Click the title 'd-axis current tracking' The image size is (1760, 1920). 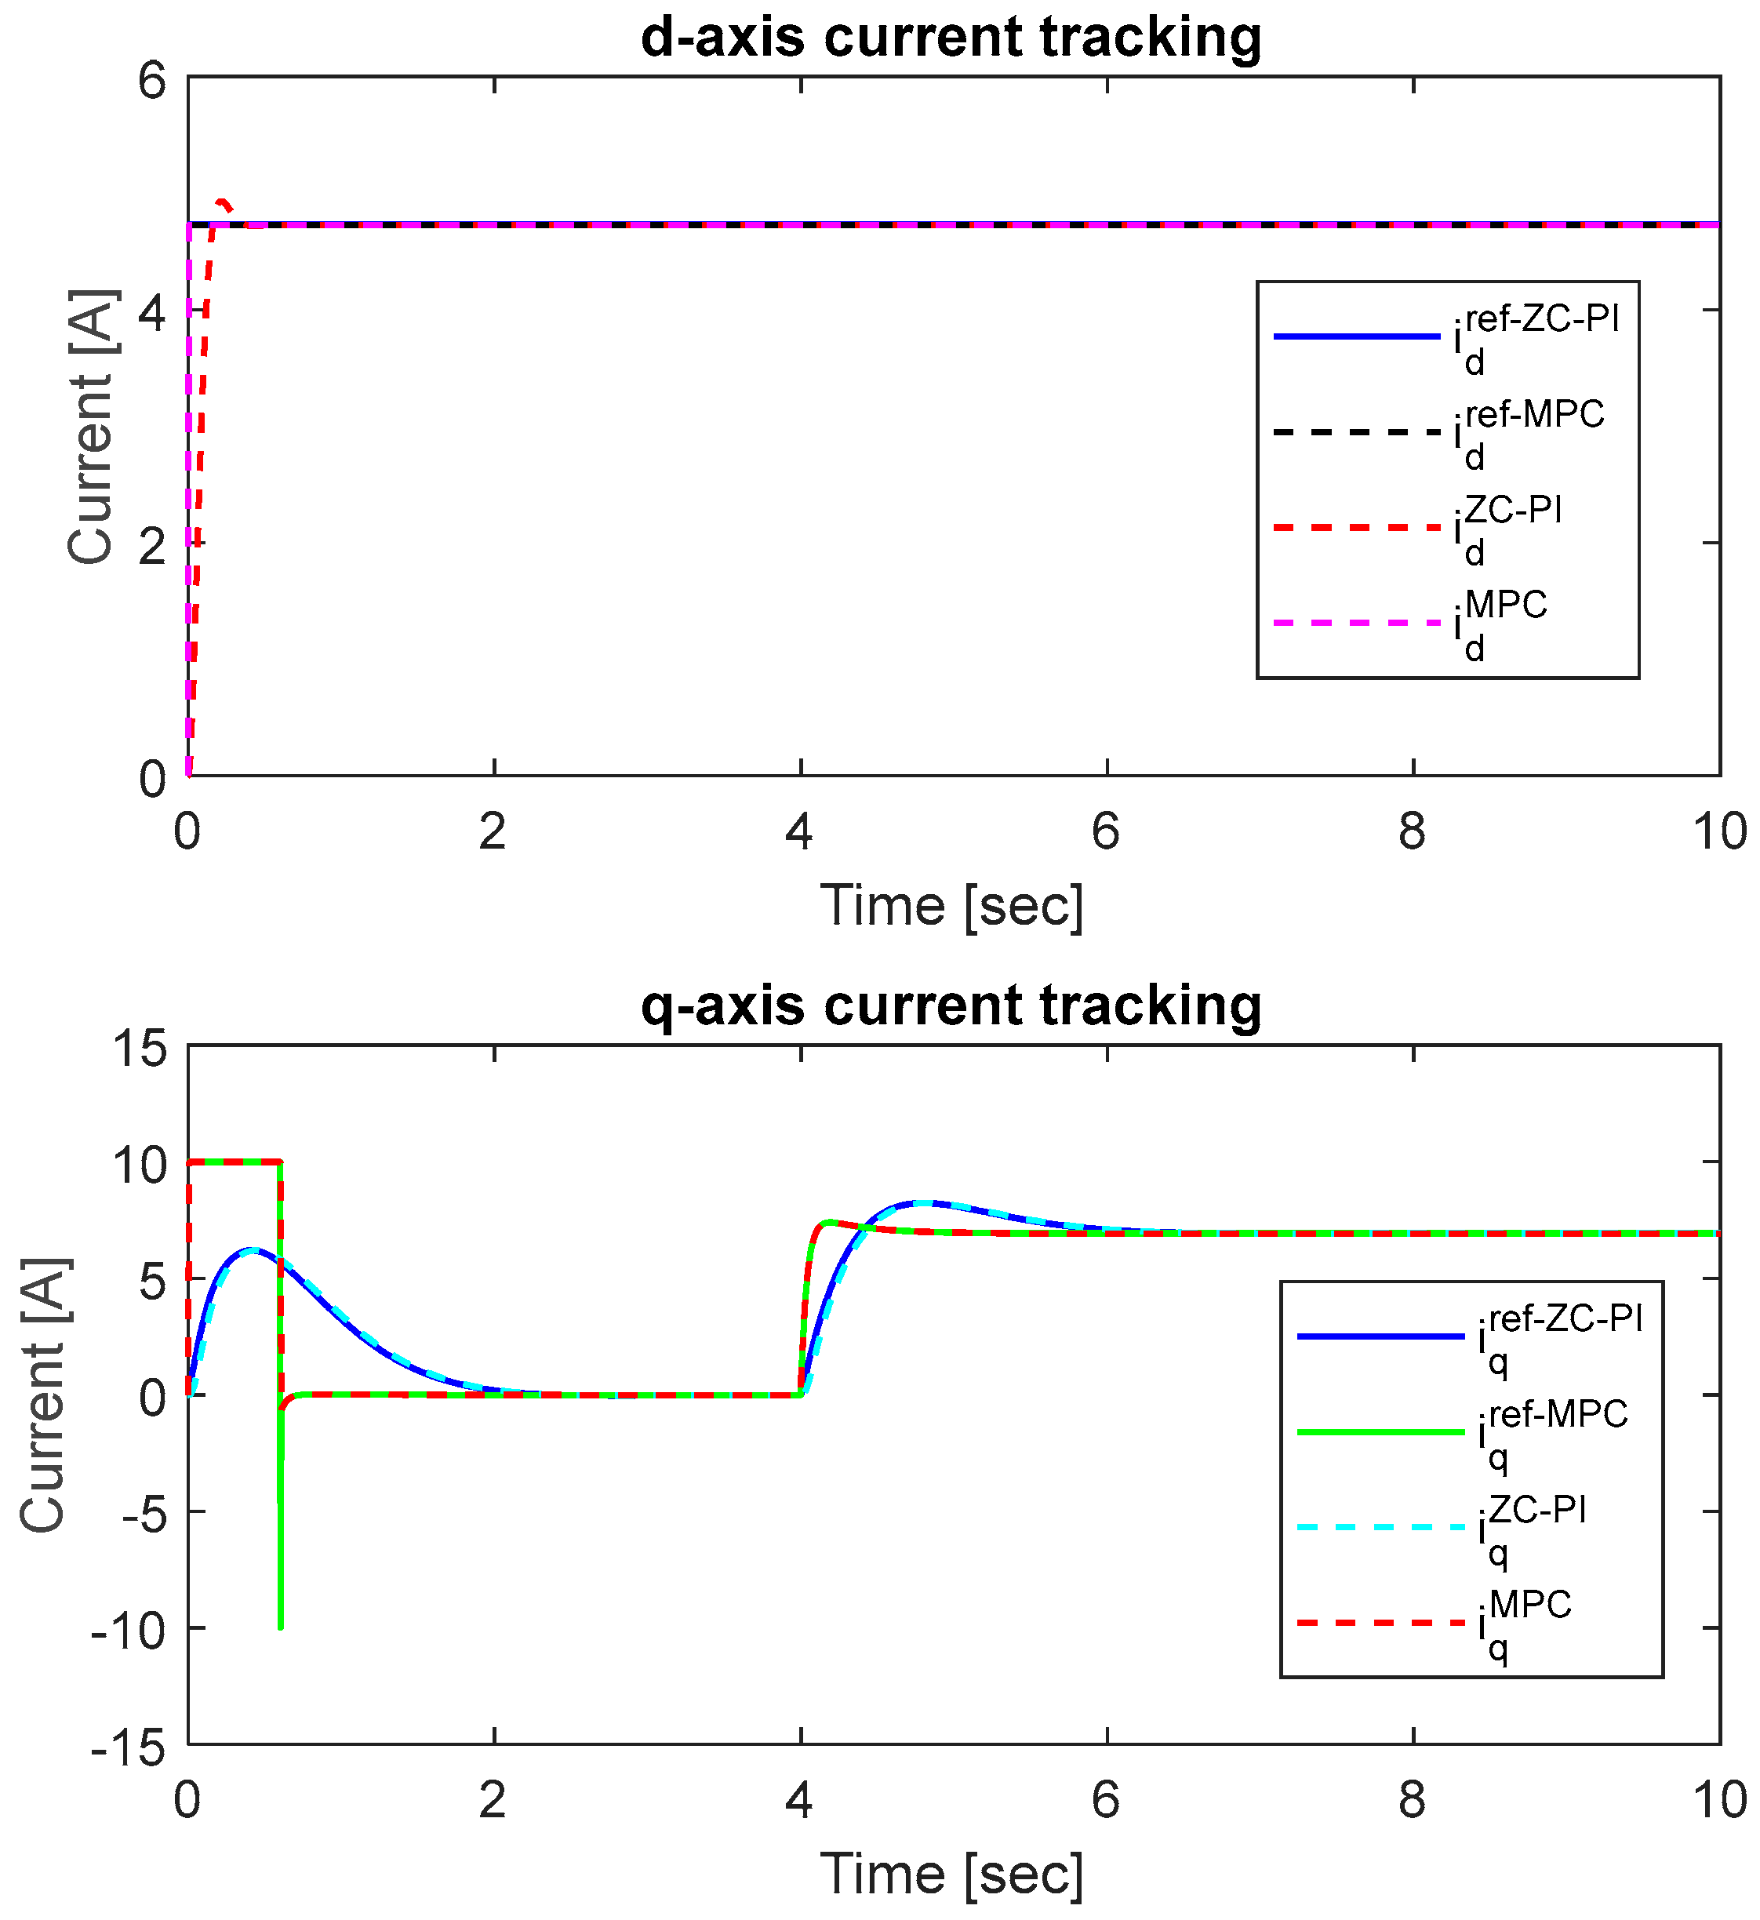pyautogui.click(x=951, y=38)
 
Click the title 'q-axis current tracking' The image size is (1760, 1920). pyautogui.click(x=951, y=1007)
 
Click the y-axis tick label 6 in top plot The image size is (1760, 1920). pyautogui.click(x=152, y=81)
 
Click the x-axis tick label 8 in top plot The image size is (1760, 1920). pyautogui.click(x=1413, y=831)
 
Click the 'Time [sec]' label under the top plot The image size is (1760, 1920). pyautogui.click(x=951, y=906)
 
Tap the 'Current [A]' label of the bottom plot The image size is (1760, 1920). pyautogui.click(x=44, y=1396)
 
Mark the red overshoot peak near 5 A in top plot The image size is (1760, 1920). pyautogui.click(x=223, y=201)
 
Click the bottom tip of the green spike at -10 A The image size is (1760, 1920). pyautogui.click(x=280, y=1627)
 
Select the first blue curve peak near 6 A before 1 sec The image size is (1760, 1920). pyautogui.click(x=249, y=1249)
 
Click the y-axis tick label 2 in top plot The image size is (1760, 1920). pyautogui.click(x=152, y=546)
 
